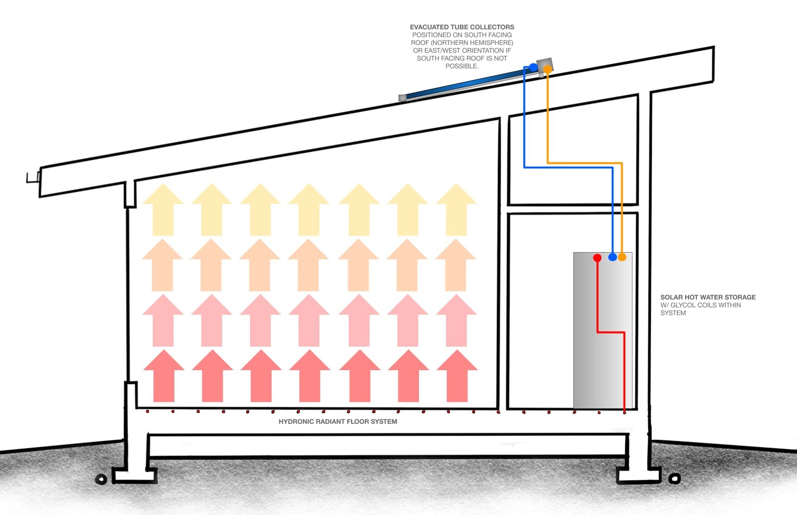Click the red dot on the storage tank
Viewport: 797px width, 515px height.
tap(597, 257)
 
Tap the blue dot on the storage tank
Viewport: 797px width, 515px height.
tap(612, 257)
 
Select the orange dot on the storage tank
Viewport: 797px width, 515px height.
tap(622, 257)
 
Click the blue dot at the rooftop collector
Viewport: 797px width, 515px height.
tap(533, 67)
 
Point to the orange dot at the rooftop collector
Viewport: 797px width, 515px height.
tap(547, 70)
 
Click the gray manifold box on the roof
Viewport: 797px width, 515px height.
tap(545, 65)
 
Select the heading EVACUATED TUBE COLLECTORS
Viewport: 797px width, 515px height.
tap(462, 27)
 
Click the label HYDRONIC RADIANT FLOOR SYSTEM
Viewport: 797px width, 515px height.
tap(337, 421)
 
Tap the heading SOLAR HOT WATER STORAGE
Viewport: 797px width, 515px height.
tap(708, 297)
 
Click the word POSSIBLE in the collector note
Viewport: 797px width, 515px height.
tap(461, 66)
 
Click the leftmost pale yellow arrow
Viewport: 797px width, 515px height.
tap(163, 209)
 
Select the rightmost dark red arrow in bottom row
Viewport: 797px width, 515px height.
tap(457, 376)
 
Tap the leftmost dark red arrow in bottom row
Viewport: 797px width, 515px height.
tap(164, 376)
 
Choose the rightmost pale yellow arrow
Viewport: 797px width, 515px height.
tap(456, 209)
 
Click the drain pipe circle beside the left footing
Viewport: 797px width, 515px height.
tap(102, 479)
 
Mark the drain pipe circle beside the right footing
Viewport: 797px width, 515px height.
tap(674, 478)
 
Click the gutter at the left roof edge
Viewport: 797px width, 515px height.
tap(33, 178)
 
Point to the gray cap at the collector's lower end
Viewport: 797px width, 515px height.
tap(402, 98)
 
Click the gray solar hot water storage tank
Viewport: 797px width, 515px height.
tap(603, 331)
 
